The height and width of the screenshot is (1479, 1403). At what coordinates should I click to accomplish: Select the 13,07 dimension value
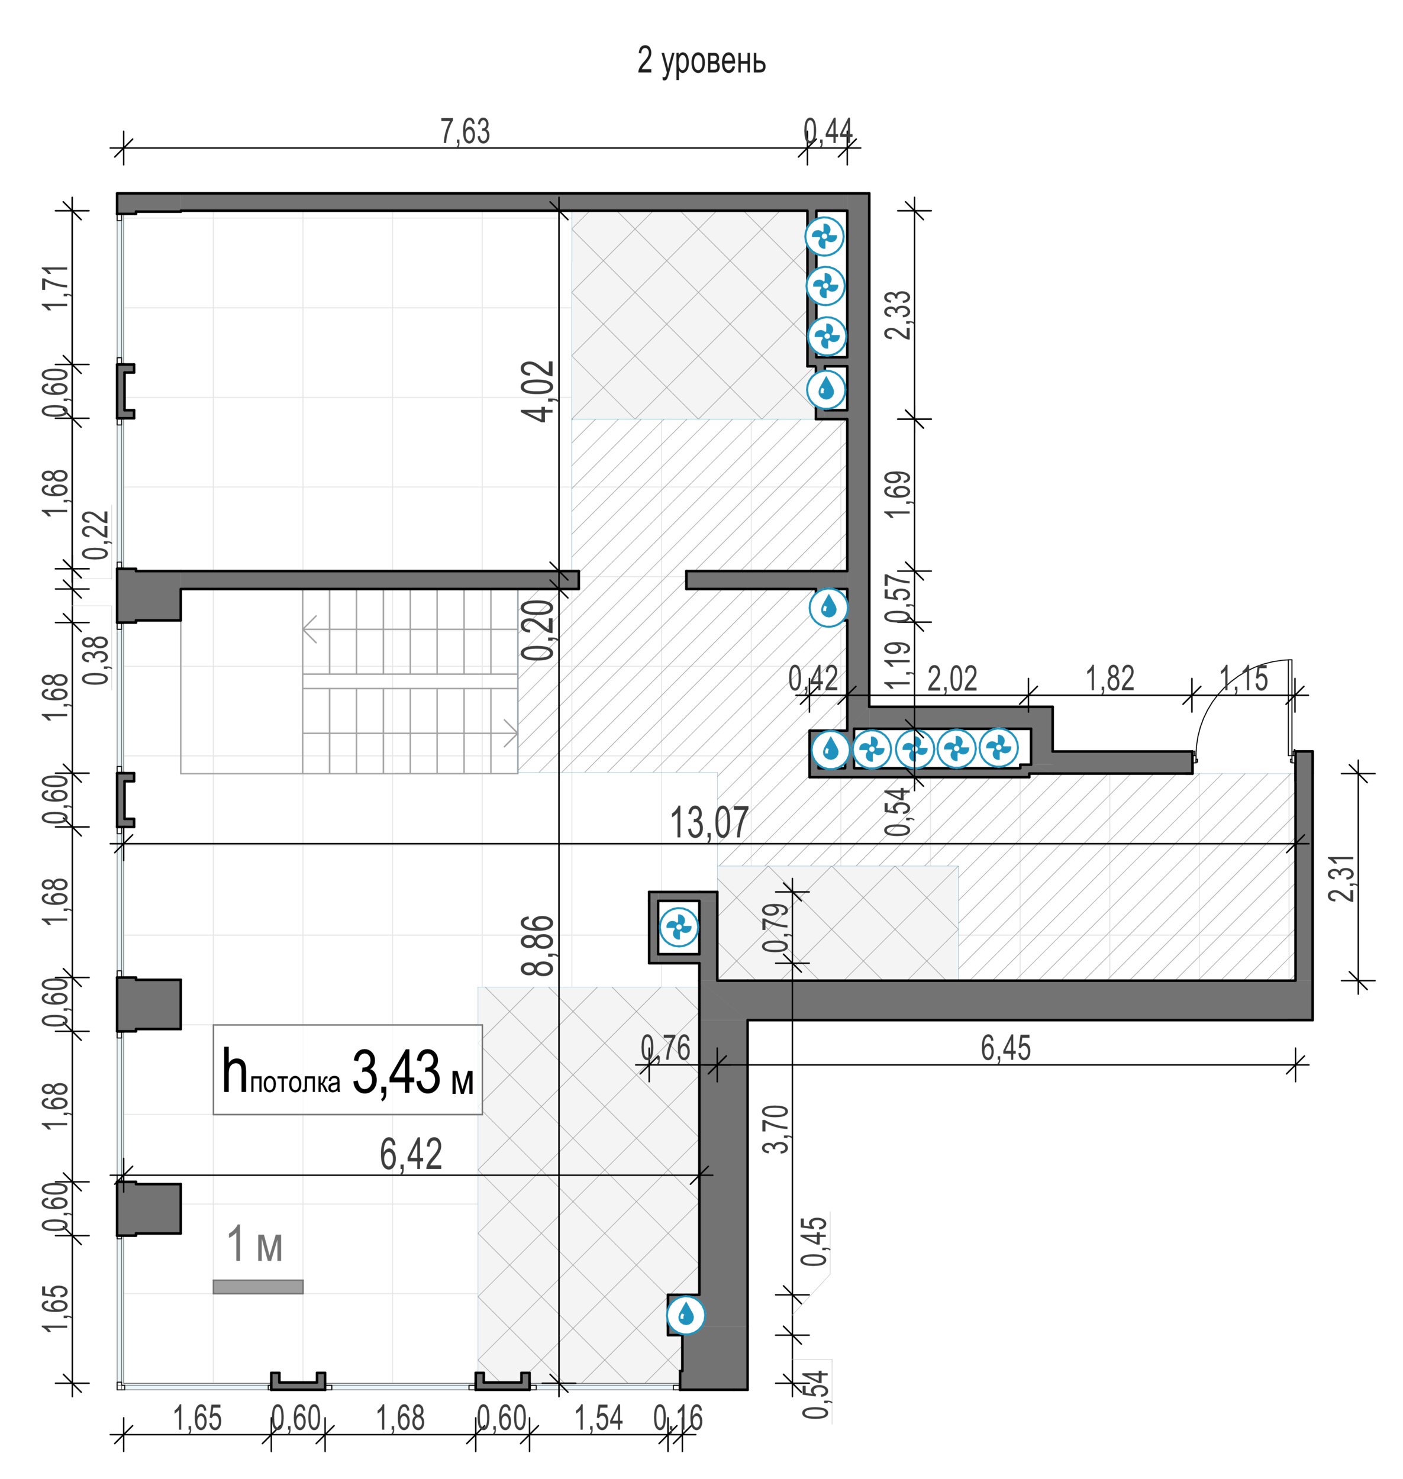click(x=709, y=824)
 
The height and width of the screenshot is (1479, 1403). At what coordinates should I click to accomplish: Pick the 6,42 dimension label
click(x=411, y=1154)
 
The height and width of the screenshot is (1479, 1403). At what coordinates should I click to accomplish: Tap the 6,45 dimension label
click(x=1006, y=1048)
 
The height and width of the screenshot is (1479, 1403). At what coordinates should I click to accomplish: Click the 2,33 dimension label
click(x=898, y=315)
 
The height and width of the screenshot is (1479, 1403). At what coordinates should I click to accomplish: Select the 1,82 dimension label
click(x=1110, y=678)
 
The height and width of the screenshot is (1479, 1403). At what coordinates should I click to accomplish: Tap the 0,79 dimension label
click(x=777, y=927)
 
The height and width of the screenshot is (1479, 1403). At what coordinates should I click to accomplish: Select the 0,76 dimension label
click(x=666, y=1048)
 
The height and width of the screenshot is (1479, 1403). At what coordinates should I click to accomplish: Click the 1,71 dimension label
click(x=57, y=289)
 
